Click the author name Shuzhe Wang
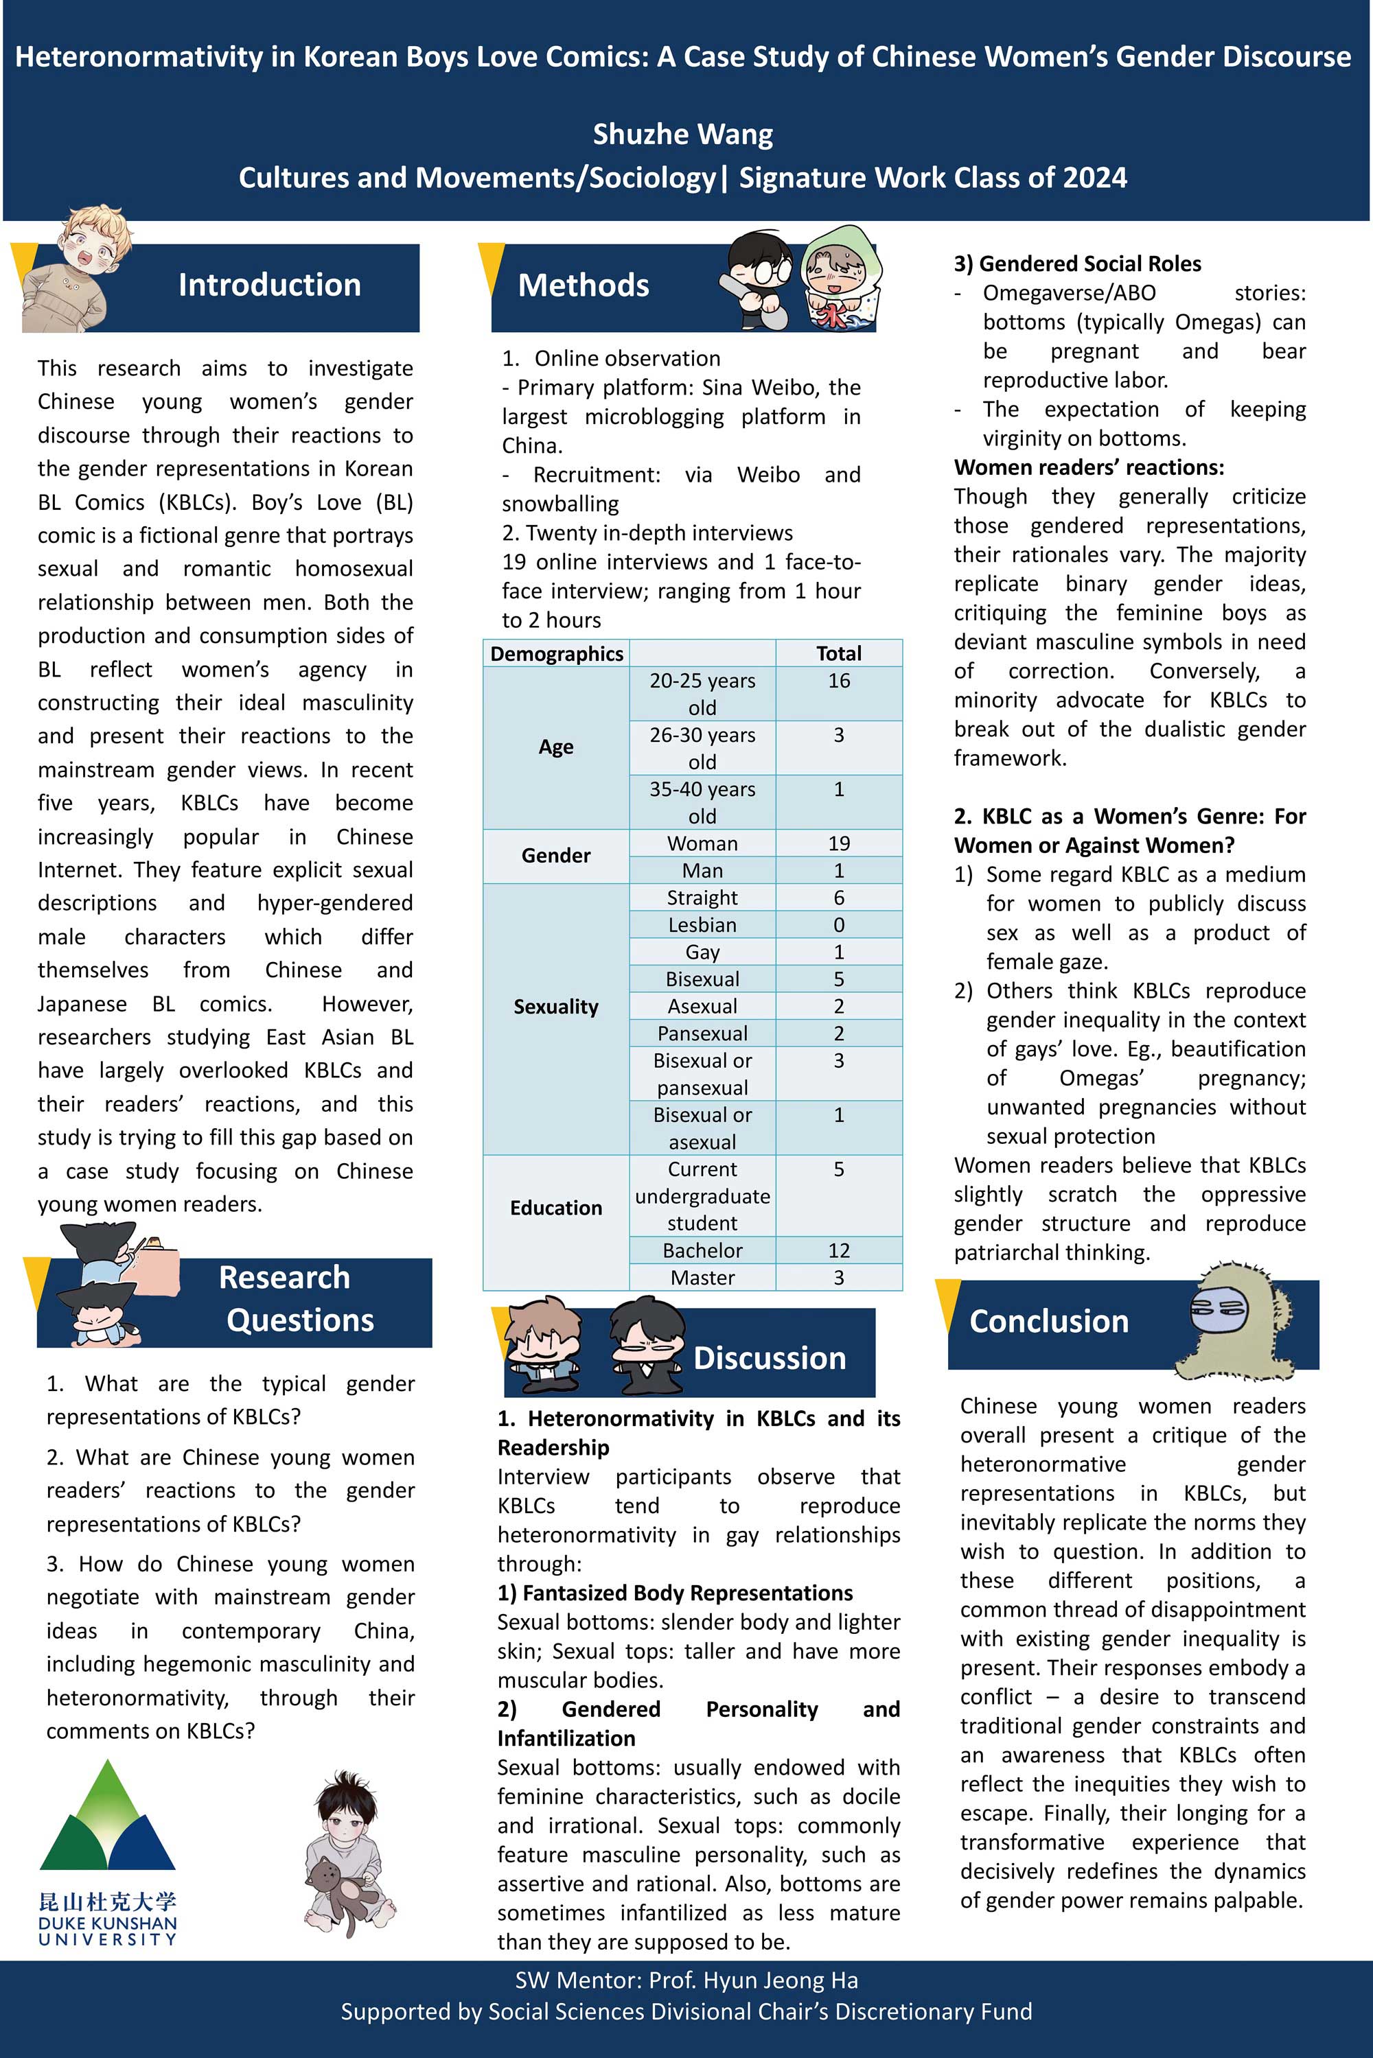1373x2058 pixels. click(682, 134)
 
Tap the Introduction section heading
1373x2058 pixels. click(269, 285)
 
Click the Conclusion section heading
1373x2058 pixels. click(1048, 1321)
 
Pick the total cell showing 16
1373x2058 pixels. click(838, 681)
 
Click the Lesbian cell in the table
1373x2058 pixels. click(702, 925)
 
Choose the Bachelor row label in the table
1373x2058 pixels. click(702, 1251)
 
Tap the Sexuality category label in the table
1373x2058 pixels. click(555, 1007)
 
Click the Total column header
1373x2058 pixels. click(838, 653)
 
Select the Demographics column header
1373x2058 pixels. click(556, 653)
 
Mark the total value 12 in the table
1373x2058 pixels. click(838, 1251)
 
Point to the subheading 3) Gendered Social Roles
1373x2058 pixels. click(1077, 264)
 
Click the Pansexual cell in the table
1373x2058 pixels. click(702, 1034)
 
